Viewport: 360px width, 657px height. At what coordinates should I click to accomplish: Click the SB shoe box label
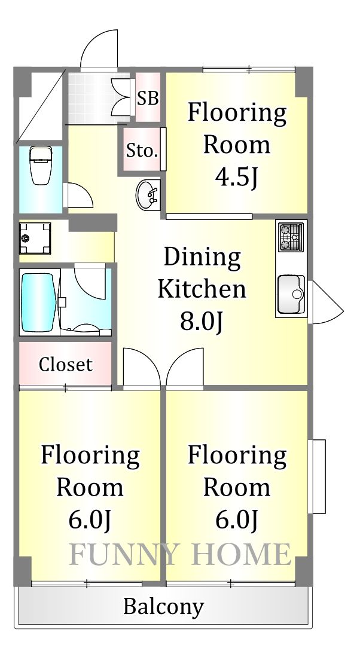(x=148, y=98)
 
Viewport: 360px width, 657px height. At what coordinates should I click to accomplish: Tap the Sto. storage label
(x=142, y=151)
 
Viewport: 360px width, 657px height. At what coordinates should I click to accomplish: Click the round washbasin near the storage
(x=148, y=194)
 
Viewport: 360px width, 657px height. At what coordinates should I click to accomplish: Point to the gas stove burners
(x=291, y=237)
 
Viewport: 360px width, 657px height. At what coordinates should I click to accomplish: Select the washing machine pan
(x=35, y=239)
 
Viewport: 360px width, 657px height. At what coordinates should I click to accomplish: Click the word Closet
(x=66, y=365)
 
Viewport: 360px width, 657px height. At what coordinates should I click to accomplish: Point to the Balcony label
(x=164, y=607)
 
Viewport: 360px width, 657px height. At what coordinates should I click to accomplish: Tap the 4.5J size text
(x=236, y=177)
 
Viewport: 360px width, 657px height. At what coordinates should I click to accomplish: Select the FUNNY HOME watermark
(x=180, y=554)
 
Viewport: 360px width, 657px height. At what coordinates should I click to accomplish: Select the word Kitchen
(x=202, y=289)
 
